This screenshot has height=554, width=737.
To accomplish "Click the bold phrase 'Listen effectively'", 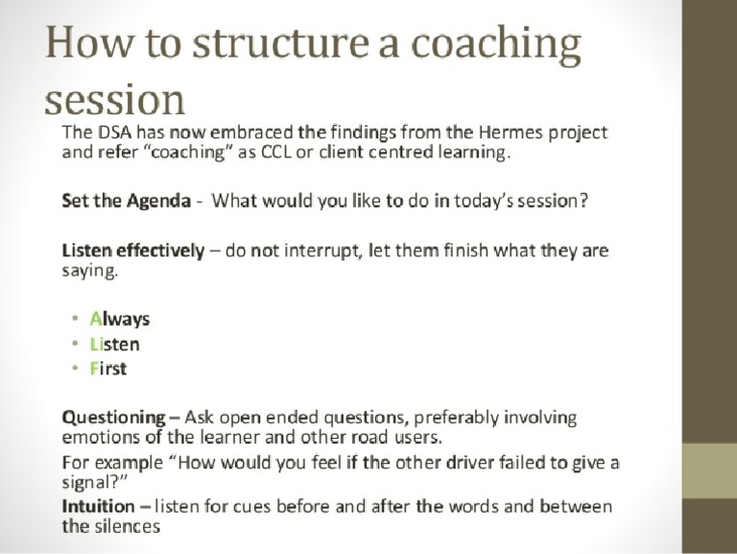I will [x=132, y=252].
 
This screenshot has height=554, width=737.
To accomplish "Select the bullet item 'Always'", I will [x=120, y=320].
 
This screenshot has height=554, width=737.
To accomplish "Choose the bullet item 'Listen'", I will [x=114, y=344].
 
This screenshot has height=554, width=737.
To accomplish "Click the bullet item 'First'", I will [x=108, y=369].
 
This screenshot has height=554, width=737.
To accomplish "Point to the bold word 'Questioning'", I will [x=113, y=418].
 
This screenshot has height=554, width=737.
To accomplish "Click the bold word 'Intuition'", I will [x=98, y=506].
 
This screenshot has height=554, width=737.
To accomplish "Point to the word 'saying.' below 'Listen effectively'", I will [x=90, y=272].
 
